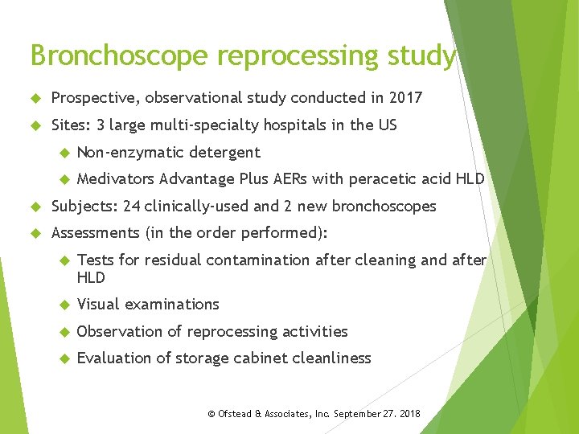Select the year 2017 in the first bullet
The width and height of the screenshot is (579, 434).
[x=405, y=98]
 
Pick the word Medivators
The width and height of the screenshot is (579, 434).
[x=116, y=178]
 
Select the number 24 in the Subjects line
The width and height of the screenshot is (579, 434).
[x=132, y=207]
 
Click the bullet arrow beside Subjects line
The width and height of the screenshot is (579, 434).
[x=35, y=207]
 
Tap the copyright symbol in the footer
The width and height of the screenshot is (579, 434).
[x=211, y=414]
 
